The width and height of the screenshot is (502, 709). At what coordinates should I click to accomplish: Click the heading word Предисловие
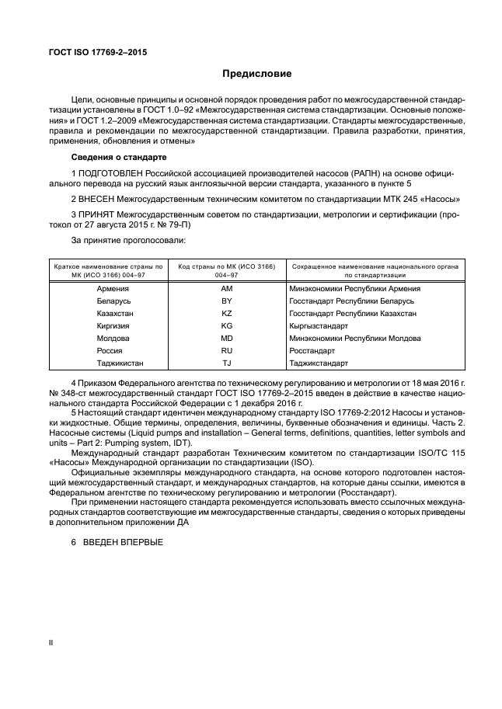[x=257, y=75]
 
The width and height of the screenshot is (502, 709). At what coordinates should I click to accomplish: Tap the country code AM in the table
[x=226, y=288]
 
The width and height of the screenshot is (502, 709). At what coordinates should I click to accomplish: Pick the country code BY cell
[x=226, y=301]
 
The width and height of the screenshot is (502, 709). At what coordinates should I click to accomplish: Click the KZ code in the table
[x=226, y=313]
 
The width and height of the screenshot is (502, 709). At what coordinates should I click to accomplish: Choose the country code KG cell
[x=226, y=325]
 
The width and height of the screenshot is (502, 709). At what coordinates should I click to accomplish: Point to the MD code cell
[x=226, y=338]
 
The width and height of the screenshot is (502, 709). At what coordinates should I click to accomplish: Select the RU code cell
[x=226, y=350]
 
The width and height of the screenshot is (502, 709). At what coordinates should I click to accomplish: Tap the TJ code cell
[x=226, y=363]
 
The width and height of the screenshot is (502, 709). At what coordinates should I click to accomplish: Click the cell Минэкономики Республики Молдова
[x=354, y=338]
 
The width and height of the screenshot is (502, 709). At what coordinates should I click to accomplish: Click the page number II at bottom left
[x=51, y=644]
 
